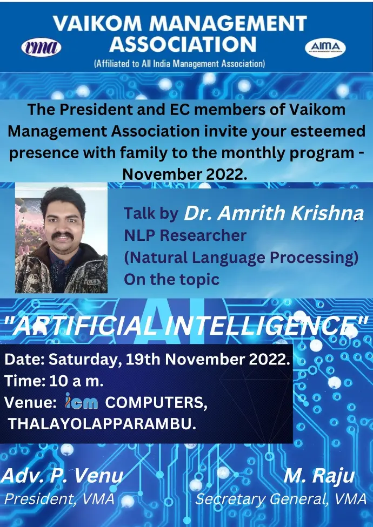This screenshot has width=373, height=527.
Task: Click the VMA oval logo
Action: click(41, 48)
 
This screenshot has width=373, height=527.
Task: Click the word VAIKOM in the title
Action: click(97, 24)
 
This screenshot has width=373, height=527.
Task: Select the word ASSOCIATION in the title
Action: click(183, 44)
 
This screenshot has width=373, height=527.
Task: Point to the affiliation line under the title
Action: click(179, 64)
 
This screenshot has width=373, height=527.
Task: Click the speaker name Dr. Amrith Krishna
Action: click(274, 213)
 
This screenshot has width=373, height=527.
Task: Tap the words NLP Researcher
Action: click(185, 235)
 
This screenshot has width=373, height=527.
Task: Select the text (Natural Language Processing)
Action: click(241, 258)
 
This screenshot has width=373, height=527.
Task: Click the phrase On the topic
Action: click(171, 279)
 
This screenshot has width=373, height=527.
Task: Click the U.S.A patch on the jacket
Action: click(93, 282)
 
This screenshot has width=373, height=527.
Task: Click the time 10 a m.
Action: click(76, 381)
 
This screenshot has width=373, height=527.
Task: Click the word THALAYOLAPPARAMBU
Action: click(102, 424)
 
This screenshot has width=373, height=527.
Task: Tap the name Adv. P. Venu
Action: click(62, 476)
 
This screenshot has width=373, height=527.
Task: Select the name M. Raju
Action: click(319, 476)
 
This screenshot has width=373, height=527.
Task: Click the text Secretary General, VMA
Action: click(281, 499)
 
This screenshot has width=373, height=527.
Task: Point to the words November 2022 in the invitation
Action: click(185, 174)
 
